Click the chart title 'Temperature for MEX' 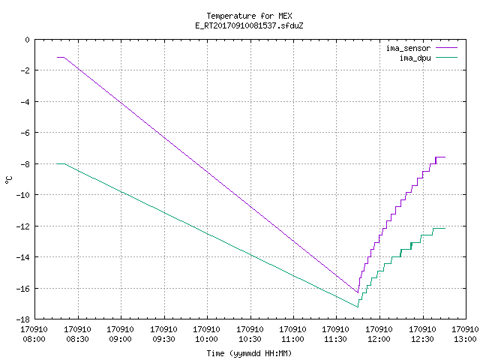click(x=249, y=16)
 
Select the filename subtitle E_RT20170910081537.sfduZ click(x=249, y=25)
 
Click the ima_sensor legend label click(x=408, y=48)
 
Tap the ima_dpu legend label click(x=415, y=58)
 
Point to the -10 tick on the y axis click(x=23, y=195)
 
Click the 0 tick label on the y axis click(x=28, y=40)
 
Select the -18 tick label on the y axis click(x=23, y=319)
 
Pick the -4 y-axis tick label click(x=25, y=102)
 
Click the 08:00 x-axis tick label click(x=34, y=339)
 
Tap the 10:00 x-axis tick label click(x=207, y=339)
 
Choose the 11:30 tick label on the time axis click(x=336, y=339)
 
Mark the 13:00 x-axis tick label click(x=465, y=339)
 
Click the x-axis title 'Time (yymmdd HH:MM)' click(x=249, y=353)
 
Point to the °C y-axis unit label click(x=9, y=180)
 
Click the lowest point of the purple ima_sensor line click(x=358, y=292)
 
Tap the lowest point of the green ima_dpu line click(x=358, y=307)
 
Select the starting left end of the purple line click(x=57, y=57)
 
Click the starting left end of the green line click(x=57, y=163)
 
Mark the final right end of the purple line click(x=445, y=157)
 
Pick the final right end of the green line click(x=445, y=228)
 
